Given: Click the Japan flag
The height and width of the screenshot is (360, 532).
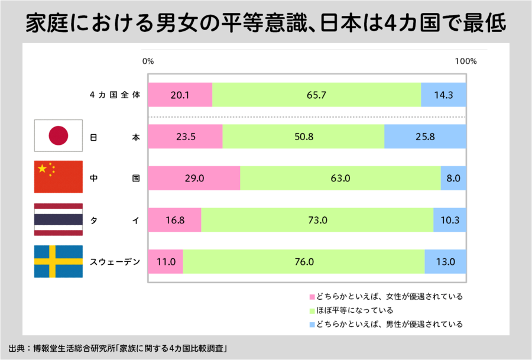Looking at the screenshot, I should click(x=58, y=136).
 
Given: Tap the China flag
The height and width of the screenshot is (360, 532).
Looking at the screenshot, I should click(x=58, y=177).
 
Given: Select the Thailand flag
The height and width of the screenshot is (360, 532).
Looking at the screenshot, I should click(x=58, y=219).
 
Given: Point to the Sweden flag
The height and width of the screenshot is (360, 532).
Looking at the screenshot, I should click(x=58, y=261).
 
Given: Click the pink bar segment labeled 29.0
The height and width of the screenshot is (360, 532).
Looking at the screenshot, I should click(x=193, y=178).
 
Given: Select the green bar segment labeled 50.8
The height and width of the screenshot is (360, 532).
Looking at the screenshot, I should click(x=303, y=137).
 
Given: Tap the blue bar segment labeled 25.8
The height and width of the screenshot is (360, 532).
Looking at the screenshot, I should click(x=425, y=137).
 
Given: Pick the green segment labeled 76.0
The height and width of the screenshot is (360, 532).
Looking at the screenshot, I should click(x=304, y=261).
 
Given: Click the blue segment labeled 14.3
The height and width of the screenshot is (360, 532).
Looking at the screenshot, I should click(x=443, y=95).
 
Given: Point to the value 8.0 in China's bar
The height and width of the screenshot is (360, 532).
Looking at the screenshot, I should click(x=453, y=178).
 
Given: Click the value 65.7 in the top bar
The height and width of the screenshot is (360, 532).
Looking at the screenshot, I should click(x=316, y=95).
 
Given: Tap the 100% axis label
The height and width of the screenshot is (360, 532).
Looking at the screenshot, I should click(x=466, y=61).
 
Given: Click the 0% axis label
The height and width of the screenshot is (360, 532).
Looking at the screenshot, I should click(x=148, y=61).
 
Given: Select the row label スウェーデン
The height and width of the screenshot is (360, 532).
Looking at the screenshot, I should click(x=115, y=261).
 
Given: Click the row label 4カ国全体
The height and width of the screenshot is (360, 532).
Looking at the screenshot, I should click(x=115, y=95).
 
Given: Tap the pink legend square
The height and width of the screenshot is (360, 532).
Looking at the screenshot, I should click(x=312, y=297).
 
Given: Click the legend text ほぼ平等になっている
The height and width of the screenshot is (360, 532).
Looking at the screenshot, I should click(x=355, y=310).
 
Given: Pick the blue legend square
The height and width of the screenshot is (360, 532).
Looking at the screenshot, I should click(x=312, y=325).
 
